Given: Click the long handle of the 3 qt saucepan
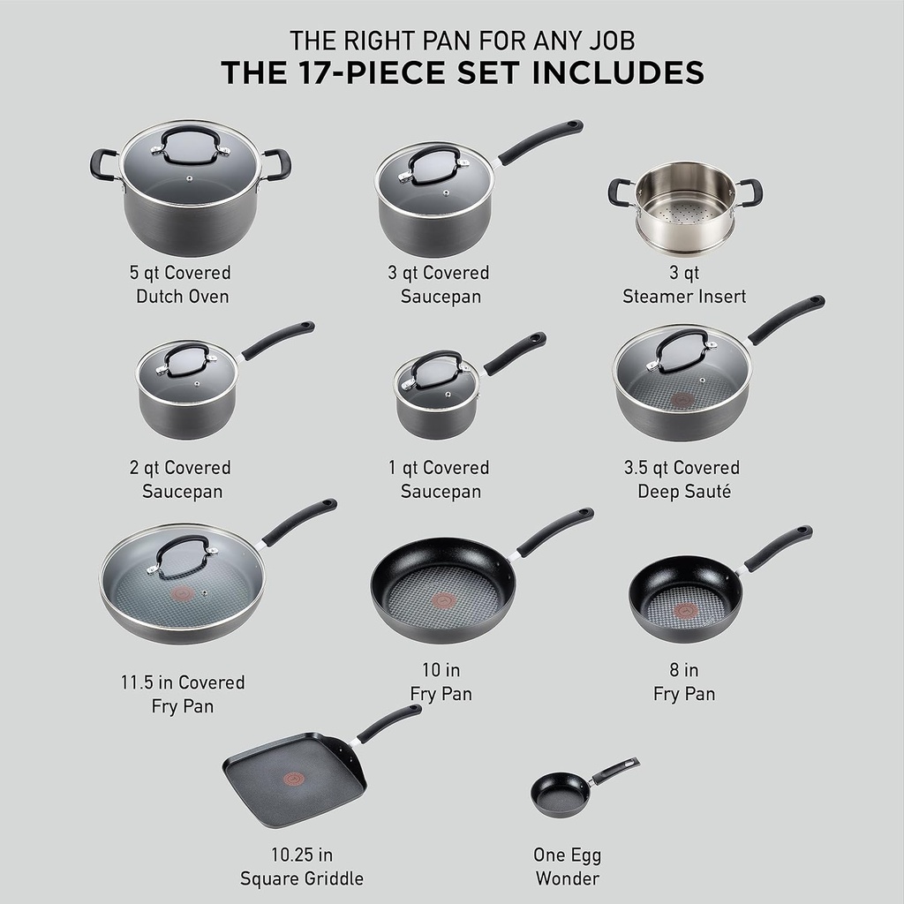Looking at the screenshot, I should pyautogui.click(x=540, y=141).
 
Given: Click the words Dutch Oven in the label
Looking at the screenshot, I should pyautogui.click(x=183, y=297).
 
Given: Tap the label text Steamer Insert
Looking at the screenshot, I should pyautogui.click(x=684, y=297).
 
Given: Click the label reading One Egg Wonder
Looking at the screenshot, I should pyautogui.click(x=567, y=867).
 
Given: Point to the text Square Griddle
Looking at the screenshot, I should pyautogui.click(x=302, y=878).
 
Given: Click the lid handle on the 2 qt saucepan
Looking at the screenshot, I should pyautogui.click(x=185, y=358).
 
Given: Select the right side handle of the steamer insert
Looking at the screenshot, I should pyautogui.click(x=750, y=191).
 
